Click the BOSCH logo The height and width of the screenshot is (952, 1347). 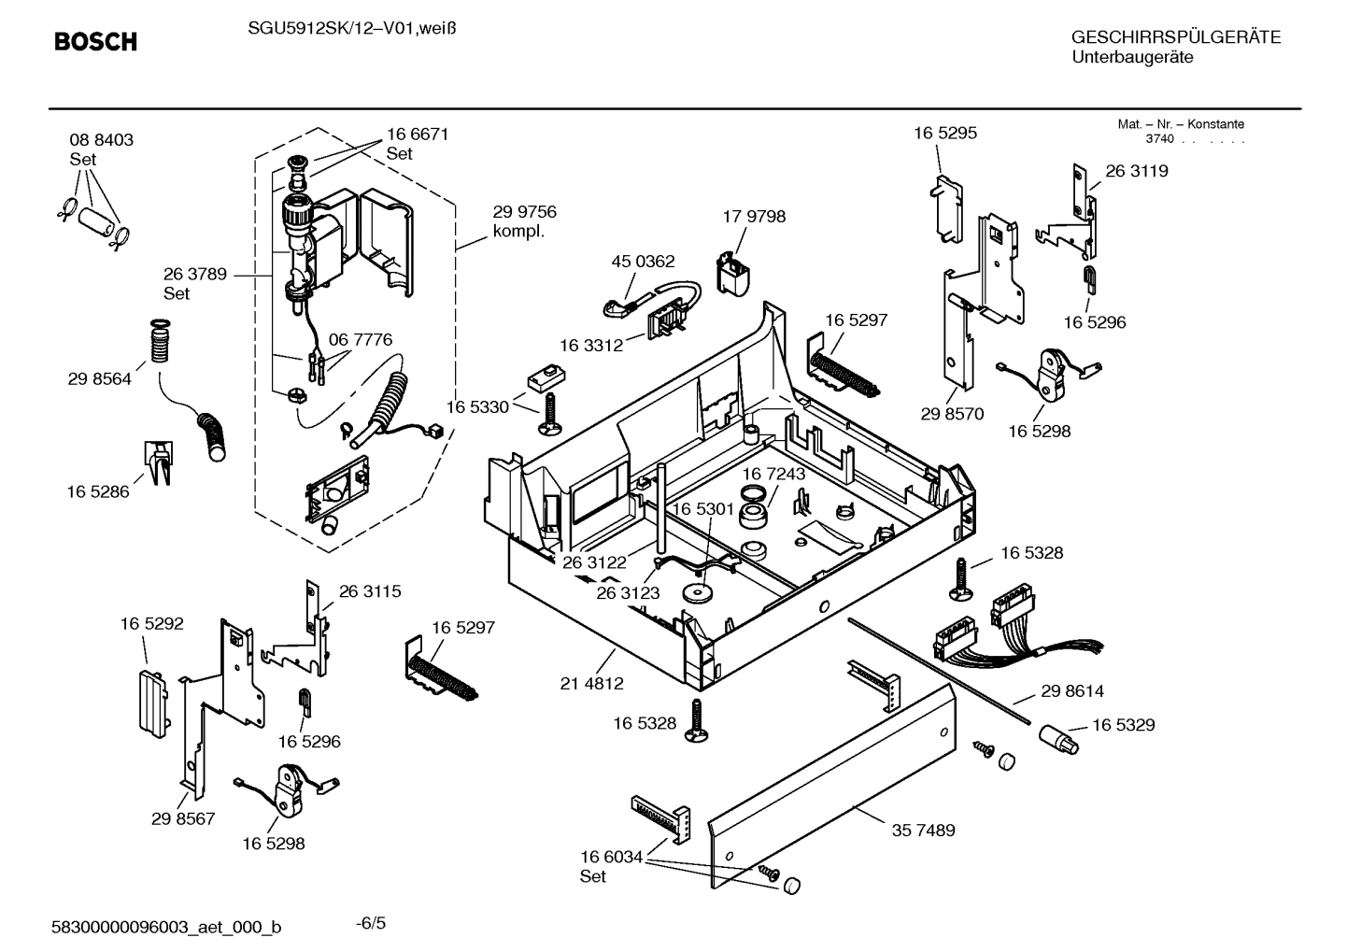click(x=95, y=42)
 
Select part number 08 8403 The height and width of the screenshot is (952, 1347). click(x=101, y=140)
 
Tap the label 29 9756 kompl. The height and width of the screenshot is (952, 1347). click(x=524, y=221)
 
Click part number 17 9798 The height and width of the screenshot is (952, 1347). click(x=754, y=217)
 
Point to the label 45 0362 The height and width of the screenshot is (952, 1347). click(x=643, y=262)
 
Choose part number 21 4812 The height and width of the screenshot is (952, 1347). click(x=591, y=684)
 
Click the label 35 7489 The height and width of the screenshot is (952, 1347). click(x=923, y=831)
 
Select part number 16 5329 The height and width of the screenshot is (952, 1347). click(x=1123, y=725)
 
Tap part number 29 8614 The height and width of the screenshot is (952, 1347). click(x=1071, y=691)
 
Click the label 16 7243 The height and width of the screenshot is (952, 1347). click(x=773, y=475)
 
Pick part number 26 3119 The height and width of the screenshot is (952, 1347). click(x=1136, y=171)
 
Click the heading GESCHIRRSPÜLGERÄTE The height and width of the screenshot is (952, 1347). click(x=1175, y=38)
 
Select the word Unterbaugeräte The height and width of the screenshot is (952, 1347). click(x=1132, y=57)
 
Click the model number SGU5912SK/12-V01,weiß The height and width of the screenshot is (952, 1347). click(x=351, y=29)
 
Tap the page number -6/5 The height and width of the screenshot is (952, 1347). click(x=371, y=923)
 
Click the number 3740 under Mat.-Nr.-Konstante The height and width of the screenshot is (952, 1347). click(x=1159, y=139)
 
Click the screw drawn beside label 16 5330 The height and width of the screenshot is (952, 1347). click(x=549, y=414)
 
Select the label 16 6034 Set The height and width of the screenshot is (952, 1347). click(x=611, y=866)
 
